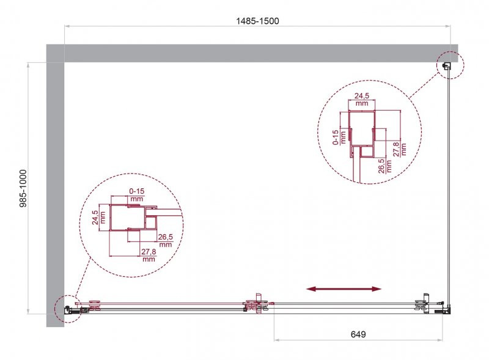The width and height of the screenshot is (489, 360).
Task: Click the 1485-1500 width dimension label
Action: (257, 21)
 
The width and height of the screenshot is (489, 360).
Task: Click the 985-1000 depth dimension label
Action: (23, 188)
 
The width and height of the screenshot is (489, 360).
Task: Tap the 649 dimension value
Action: (358, 334)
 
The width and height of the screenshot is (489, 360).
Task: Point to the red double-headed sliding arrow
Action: (344, 289)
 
